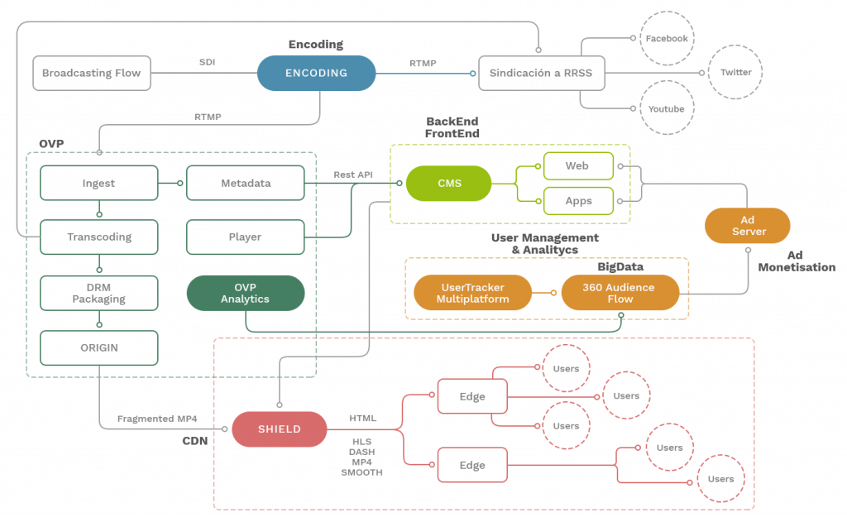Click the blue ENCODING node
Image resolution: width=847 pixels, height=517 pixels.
tap(316, 73)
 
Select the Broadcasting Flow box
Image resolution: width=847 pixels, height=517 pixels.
tap(92, 73)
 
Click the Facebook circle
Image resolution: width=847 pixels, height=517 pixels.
tap(666, 38)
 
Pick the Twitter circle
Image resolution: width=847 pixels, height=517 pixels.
tap(735, 73)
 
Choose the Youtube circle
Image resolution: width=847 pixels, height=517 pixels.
tap(666, 108)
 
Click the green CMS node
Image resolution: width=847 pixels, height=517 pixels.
tap(448, 183)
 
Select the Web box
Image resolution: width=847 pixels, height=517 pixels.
tap(577, 166)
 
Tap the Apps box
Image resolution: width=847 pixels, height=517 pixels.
tap(577, 200)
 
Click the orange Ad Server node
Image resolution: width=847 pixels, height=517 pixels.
tap(748, 225)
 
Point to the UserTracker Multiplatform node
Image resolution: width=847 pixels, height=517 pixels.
tap(472, 293)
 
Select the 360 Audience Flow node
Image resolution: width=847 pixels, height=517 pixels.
tap(620, 293)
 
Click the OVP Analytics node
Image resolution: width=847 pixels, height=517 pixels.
tap(245, 293)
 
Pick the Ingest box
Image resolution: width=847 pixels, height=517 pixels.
tap(98, 183)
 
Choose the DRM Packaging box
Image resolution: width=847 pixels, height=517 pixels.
tap(98, 293)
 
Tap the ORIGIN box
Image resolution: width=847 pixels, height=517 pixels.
tap(98, 347)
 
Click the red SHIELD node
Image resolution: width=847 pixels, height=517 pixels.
tap(279, 428)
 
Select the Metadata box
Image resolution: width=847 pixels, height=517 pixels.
tap(246, 183)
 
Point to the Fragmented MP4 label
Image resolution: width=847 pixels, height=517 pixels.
tap(157, 419)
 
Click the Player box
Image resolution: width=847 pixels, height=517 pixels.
tap(246, 237)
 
